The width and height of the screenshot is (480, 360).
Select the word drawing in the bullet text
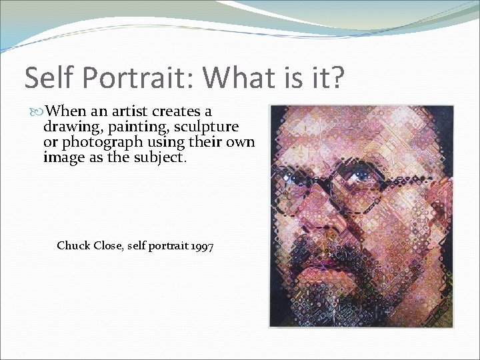pyautogui.click(x=69, y=127)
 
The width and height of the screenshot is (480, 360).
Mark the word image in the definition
pyautogui.click(x=61, y=157)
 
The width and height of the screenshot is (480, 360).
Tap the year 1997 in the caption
pyautogui.click(x=201, y=246)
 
